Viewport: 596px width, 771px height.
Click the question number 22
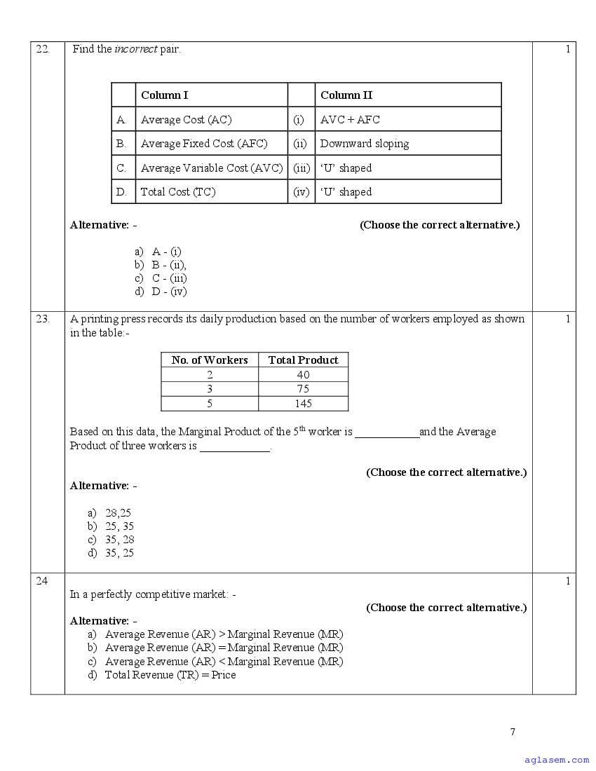(43, 49)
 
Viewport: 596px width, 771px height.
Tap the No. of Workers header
(210, 360)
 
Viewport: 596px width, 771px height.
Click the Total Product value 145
(303, 404)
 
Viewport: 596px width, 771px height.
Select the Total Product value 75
(303, 389)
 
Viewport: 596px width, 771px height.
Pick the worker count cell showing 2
(210, 375)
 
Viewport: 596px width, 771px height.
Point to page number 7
(513, 732)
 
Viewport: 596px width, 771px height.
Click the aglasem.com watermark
(557, 760)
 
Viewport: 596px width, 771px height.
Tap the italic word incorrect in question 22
(135, 49)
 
